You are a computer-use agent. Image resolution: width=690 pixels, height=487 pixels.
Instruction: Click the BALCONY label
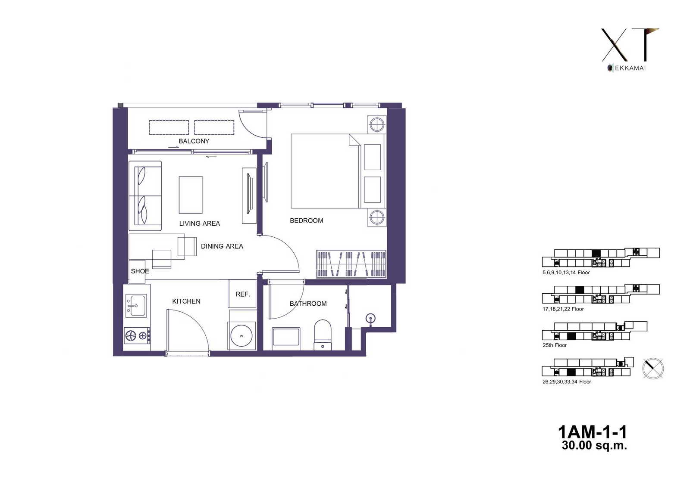click(x=194, y=141)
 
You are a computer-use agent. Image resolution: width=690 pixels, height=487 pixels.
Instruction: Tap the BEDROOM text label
click(x=307, y=220)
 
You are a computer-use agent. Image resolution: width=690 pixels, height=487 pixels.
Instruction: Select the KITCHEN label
click(x=186, y=301)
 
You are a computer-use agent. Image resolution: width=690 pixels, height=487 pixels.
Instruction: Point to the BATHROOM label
click(x=308, y=304)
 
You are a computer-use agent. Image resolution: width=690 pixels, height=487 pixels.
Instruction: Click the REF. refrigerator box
click(x=242, y=294)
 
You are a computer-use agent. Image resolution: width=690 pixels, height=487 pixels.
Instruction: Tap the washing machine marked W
click(x=242, y=336)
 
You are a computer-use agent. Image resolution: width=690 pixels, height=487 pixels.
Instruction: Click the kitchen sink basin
click(x=136, y=305)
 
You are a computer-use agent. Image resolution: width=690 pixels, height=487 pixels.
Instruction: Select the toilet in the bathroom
click(x=323, y=335)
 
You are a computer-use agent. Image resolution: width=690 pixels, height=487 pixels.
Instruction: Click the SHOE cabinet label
click(x=140, y=271)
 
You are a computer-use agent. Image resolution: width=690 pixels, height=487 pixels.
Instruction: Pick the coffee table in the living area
click(x=191, y=195)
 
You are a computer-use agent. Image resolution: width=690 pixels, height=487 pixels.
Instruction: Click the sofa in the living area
click(x=145, y=195)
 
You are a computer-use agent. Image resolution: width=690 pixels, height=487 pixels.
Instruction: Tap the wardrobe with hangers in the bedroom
click(x=351, y=264)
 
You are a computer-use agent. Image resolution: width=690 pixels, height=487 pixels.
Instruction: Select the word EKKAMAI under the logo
click(x=630, y=68)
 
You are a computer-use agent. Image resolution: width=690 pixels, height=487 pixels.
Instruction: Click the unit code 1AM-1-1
click(x=593, y=432)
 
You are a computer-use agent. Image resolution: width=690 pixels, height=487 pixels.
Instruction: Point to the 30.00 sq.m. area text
click(x=594, y=445)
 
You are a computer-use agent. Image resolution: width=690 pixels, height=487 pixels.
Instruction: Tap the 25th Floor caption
click(x=555, y=345)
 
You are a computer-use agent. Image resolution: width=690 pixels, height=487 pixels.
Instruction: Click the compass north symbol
click(x=653, y=369)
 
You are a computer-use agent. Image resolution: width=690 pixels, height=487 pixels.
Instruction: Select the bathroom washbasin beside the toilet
click(x=286, y=337)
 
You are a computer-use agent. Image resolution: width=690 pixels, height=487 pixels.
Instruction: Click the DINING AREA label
click(x=222, y=246)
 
